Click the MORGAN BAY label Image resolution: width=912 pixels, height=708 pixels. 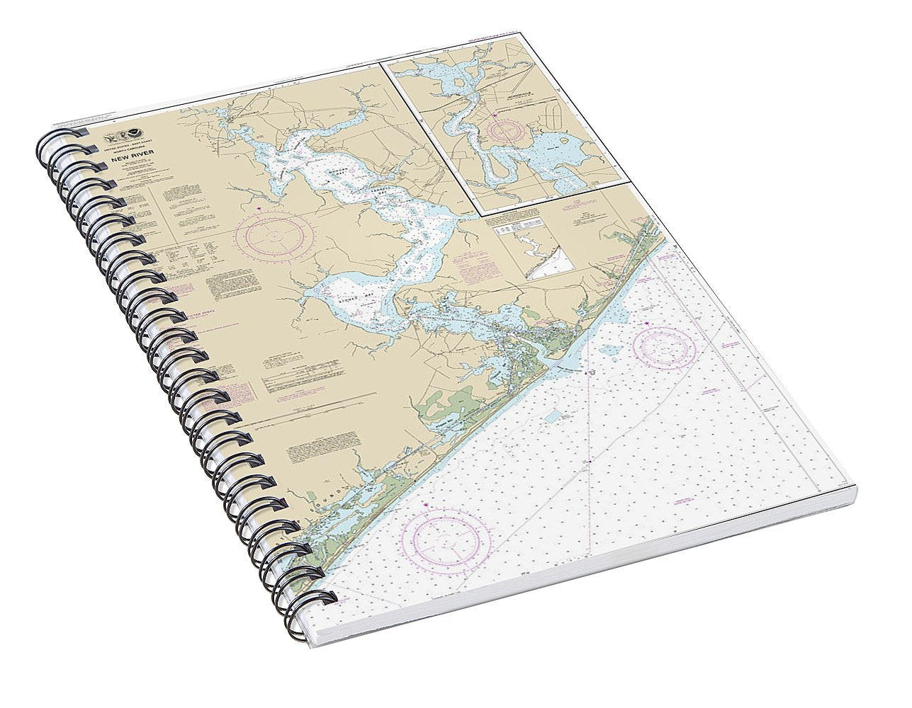pyautogui.click(x=339, y=171)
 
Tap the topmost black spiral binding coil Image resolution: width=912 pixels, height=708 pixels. pyautogui.click(x=56, y=137)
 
